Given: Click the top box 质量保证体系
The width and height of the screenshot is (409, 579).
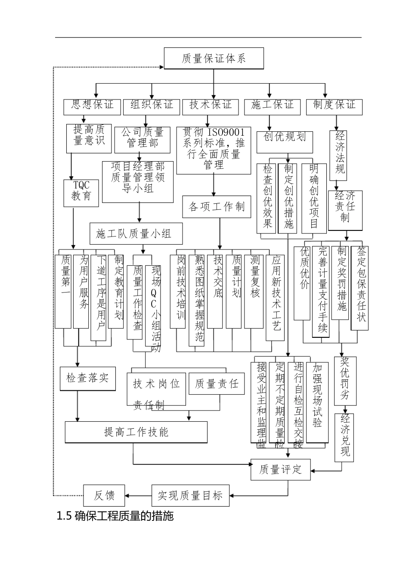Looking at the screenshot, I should coord(214,58).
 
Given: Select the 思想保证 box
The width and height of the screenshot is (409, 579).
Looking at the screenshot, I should coord(92,106).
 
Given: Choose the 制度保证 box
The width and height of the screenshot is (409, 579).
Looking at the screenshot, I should coord(334,106).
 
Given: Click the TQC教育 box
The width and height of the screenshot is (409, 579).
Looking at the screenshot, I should coord(81,191).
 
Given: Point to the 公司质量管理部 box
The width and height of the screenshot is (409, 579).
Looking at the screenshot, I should coord(143,139).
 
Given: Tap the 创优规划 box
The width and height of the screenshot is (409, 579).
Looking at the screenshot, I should coord(285,141).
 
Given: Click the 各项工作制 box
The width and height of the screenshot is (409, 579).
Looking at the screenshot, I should coord(216,207).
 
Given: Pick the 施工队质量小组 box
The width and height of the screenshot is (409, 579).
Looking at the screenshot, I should coord(136,233).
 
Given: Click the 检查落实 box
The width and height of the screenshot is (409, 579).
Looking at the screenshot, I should coord(88,379).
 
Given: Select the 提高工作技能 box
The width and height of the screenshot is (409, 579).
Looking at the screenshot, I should coord(136,432).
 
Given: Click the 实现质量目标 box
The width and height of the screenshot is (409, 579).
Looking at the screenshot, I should coord(190,495).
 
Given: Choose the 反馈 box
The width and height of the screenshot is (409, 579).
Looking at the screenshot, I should coord(104,495).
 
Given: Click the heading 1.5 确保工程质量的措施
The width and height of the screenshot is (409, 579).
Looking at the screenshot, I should coord(115,516).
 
